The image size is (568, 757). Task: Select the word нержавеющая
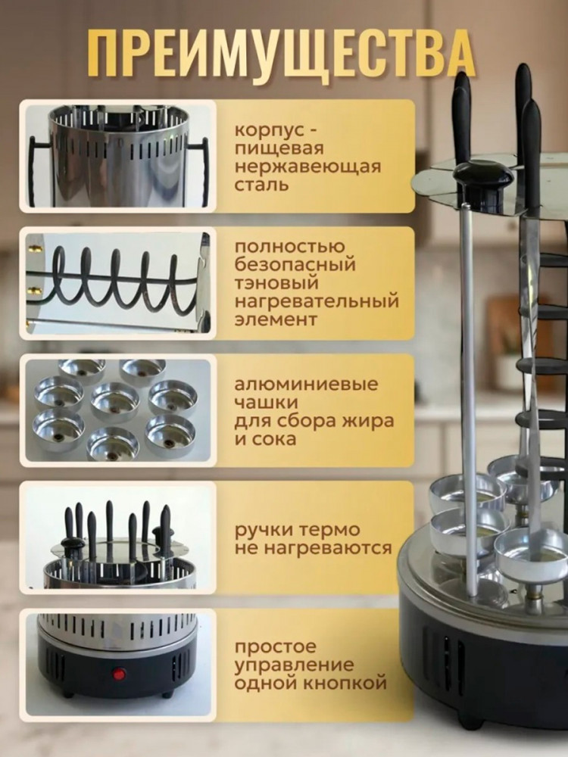click(307, 167)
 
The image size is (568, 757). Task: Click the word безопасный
click(295, 264)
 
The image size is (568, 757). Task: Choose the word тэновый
click(276, 283)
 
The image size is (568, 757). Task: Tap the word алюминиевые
click(306, 385)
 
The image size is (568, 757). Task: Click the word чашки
click(266, 403)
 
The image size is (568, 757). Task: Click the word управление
click(294, 665)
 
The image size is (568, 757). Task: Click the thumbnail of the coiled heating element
click(118, 283)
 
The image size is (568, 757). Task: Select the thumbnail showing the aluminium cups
click(118, 410)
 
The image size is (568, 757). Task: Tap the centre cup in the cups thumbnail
click(115, 402)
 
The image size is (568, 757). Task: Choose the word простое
click(275, 647)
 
